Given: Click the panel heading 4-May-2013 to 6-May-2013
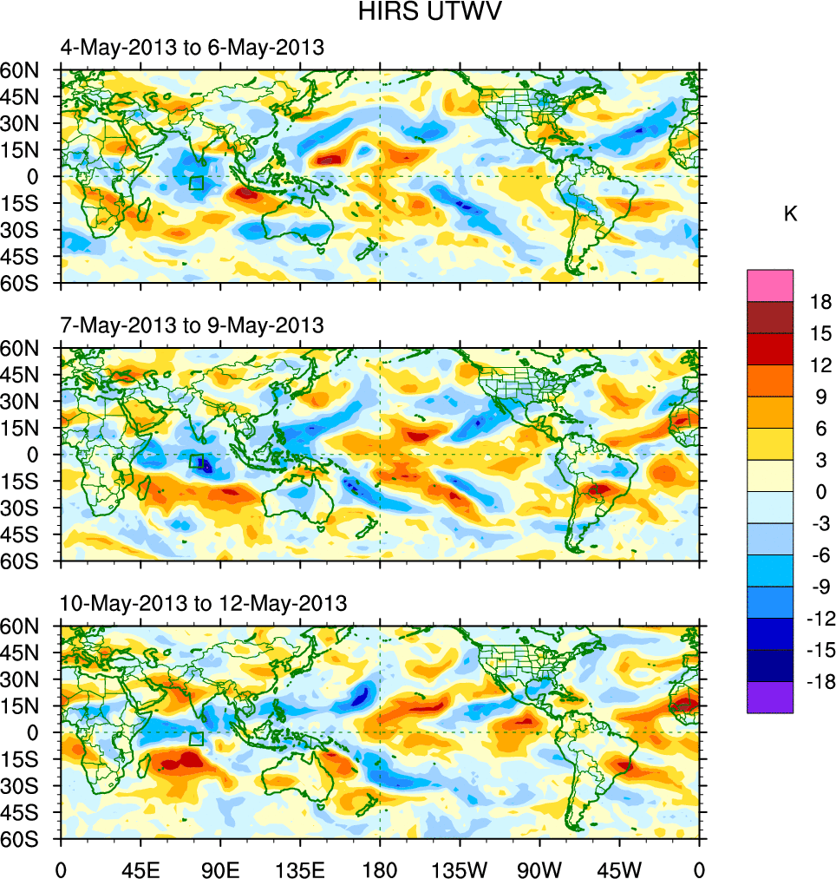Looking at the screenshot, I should (x=192, y=48).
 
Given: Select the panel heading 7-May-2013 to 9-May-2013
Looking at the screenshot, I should (x=192, y=325).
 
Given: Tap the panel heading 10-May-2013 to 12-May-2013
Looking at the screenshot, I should (x=203, y=603).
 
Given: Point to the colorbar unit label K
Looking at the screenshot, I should (x=790, y=214).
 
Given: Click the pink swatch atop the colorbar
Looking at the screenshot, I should (x=770, y=285).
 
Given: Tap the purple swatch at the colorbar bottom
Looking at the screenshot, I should (x=770, y=697).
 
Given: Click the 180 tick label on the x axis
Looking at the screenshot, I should (x=380, y=868).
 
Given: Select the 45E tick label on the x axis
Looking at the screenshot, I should (x=140, y=868).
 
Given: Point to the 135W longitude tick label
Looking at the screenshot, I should (x=460, y=868).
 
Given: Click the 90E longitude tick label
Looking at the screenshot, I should (x=220, y=868).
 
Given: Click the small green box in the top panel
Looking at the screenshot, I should (x=196, y=183).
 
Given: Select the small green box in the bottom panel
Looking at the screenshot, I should (x=196, y=738).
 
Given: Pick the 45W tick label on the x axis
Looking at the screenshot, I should (x=619, y=868).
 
